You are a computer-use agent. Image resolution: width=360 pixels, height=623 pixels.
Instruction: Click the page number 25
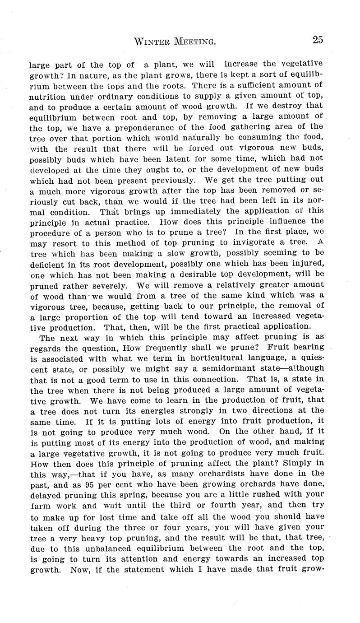(317, 40)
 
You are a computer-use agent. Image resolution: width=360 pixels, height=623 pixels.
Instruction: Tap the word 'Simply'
(298, 461)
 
